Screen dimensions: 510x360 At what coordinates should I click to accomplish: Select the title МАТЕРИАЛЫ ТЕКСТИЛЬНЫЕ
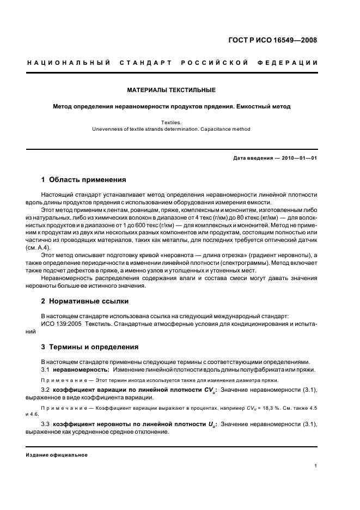pos(171,89)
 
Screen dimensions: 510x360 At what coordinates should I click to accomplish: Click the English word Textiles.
pos(171,123)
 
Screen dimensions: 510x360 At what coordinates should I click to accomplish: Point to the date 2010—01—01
pos(297,158)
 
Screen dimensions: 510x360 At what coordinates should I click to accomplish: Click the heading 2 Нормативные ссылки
pos(85,301)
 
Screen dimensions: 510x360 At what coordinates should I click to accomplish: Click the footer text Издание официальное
pos(57,455)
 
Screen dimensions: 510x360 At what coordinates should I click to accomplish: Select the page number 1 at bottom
pos(316,466)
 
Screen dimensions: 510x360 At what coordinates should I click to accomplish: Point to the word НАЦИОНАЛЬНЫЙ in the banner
pos(62,63)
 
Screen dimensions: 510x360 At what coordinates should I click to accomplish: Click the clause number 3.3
pos(46,424)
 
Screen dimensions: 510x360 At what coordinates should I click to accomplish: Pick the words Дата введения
pos(252,158)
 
